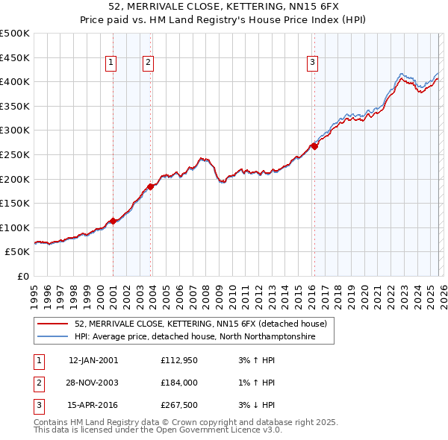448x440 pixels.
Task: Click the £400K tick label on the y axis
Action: click(x=15, y=81)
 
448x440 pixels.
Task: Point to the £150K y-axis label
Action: click(x=15, y=203)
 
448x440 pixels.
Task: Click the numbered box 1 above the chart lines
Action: click(x=111, y=63)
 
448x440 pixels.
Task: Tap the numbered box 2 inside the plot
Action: click(x=149, y=63)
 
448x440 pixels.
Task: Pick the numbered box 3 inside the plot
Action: click(x=312, y=63)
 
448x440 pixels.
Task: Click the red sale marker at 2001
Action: click(x=113, y=221)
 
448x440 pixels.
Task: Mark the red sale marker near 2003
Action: click(x=151, y=186)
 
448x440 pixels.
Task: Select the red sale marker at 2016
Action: click(x=314, y=146)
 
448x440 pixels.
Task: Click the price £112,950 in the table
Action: click(x=178, y=360)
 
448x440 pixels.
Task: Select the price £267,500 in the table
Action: click(x=178, y=405)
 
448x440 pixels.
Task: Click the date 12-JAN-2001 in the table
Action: click(x=93, y=360)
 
